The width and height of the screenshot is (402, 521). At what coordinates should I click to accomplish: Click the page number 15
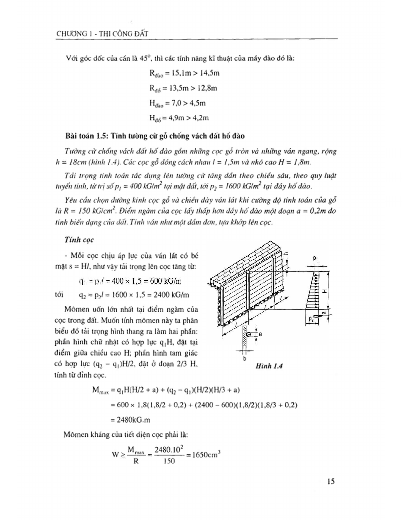(x=330, y=482)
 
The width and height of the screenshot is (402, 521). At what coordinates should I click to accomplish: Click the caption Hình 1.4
(x=269, y=366)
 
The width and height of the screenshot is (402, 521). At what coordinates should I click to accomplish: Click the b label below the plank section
(x=244, y=359)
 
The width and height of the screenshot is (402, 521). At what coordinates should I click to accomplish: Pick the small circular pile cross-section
(x=248, y=334)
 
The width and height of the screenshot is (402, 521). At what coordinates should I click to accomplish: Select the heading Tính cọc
(x=79, y=240)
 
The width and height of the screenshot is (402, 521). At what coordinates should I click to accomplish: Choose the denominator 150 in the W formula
(x=169, y=461)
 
